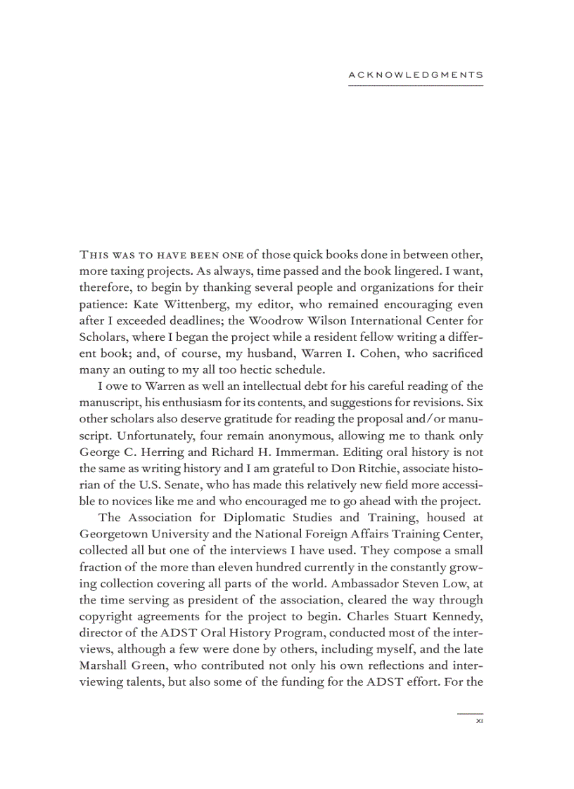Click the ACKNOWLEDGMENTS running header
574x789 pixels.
[x=416, y=74]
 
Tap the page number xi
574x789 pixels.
[x=479, y=720]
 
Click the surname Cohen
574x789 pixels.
[x=381, y=353]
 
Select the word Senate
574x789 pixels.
[x=181, y=484]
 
